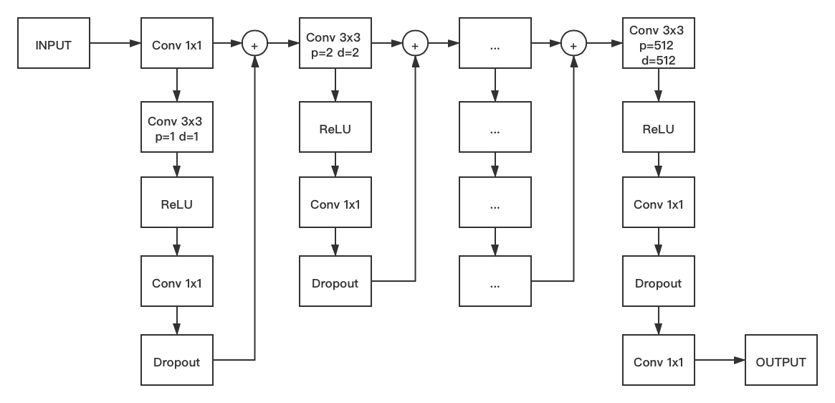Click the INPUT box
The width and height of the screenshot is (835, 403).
pyautogui.click(x=54, y=44)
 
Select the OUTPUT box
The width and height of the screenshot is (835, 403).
pyautogui.click(x=781, y=362)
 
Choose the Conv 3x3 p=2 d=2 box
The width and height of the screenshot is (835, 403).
pyautogui.click(x=335, y=44)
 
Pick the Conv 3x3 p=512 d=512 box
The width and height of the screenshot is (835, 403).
pyautogui.click(x=658, y=44)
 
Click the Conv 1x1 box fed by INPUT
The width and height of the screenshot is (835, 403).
pyautogui.click(x=177, y=44)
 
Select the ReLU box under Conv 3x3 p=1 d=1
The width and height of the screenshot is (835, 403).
pyautogui.click(x=177, y=204)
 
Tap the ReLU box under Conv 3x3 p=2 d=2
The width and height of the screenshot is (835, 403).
pyautogui.click(x=335, y=129)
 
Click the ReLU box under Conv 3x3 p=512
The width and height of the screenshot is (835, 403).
pyautogui.click(x=658, y=129)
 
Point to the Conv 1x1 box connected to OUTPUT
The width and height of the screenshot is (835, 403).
pyautogui.click(x=658, y=362)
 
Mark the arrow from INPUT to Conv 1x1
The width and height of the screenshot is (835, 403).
pyautogui.click(x=115, y=44)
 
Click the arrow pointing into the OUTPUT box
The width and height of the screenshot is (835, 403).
pyautogui.click(x=720, y=362)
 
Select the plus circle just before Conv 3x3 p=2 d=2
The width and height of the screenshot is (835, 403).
pyautogui.click(x=254, y=44)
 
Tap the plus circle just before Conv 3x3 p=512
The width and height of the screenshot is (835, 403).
pyautogui.click(x=573, y=44)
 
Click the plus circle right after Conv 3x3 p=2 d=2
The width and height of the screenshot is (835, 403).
pyautogui.click(x=414, y=44)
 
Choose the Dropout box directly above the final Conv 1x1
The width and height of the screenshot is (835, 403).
pyautogui.click(x=658, y=283)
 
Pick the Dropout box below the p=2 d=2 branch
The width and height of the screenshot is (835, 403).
pyautogui.click(x=335, y=283)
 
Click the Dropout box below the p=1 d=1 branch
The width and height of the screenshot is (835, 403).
pyautogui.click(x=177, y=362)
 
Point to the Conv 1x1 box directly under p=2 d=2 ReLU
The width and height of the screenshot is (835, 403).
pyautogui.click(x=335, y=204)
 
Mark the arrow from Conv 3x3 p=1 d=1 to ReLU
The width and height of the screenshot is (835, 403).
pyautogui.click(x=177, y=166)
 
